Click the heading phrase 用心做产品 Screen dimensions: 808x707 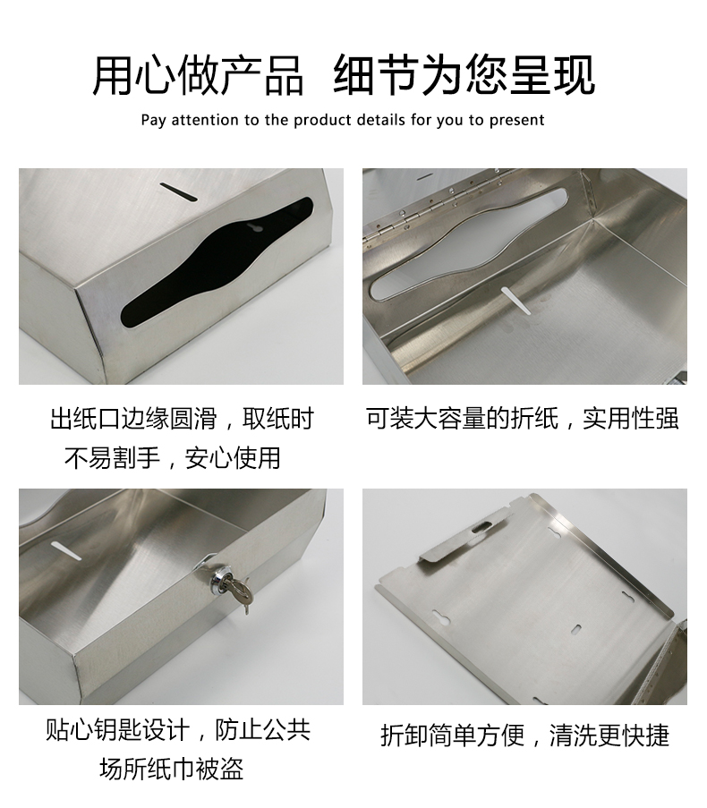[198, 74]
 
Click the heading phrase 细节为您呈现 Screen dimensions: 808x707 [464, 74]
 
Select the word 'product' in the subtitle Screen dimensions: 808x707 [323, 120]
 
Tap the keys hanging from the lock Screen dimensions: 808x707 [239, 597]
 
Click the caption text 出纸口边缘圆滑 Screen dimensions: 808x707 [132, 419]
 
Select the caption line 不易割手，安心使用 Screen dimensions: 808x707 [173, 458]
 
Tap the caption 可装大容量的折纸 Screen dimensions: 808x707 [462, 418]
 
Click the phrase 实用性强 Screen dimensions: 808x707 [631, 418]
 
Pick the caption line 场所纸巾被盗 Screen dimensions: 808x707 [171, 769]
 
